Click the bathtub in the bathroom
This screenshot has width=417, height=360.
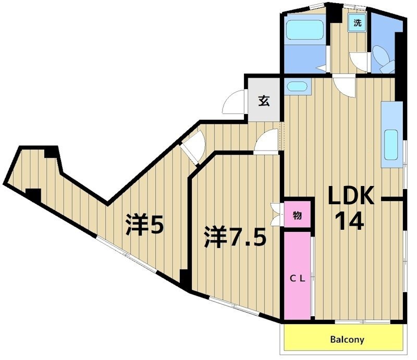(x=305, y=31)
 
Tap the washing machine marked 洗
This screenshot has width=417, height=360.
(x=357, y=23)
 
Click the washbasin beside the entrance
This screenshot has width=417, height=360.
(x=297, y=86)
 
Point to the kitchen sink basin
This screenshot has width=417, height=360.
(x=391, y=145)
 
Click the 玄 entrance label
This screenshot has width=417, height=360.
(x=264, y=101)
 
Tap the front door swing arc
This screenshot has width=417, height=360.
(x=232, y=103)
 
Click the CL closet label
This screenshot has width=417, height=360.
(x=297, y=278)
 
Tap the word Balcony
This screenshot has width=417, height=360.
(x=347, y=340)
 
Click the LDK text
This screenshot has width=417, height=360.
(x=351, y=196)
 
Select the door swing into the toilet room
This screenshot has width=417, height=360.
(x=360, y=60)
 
